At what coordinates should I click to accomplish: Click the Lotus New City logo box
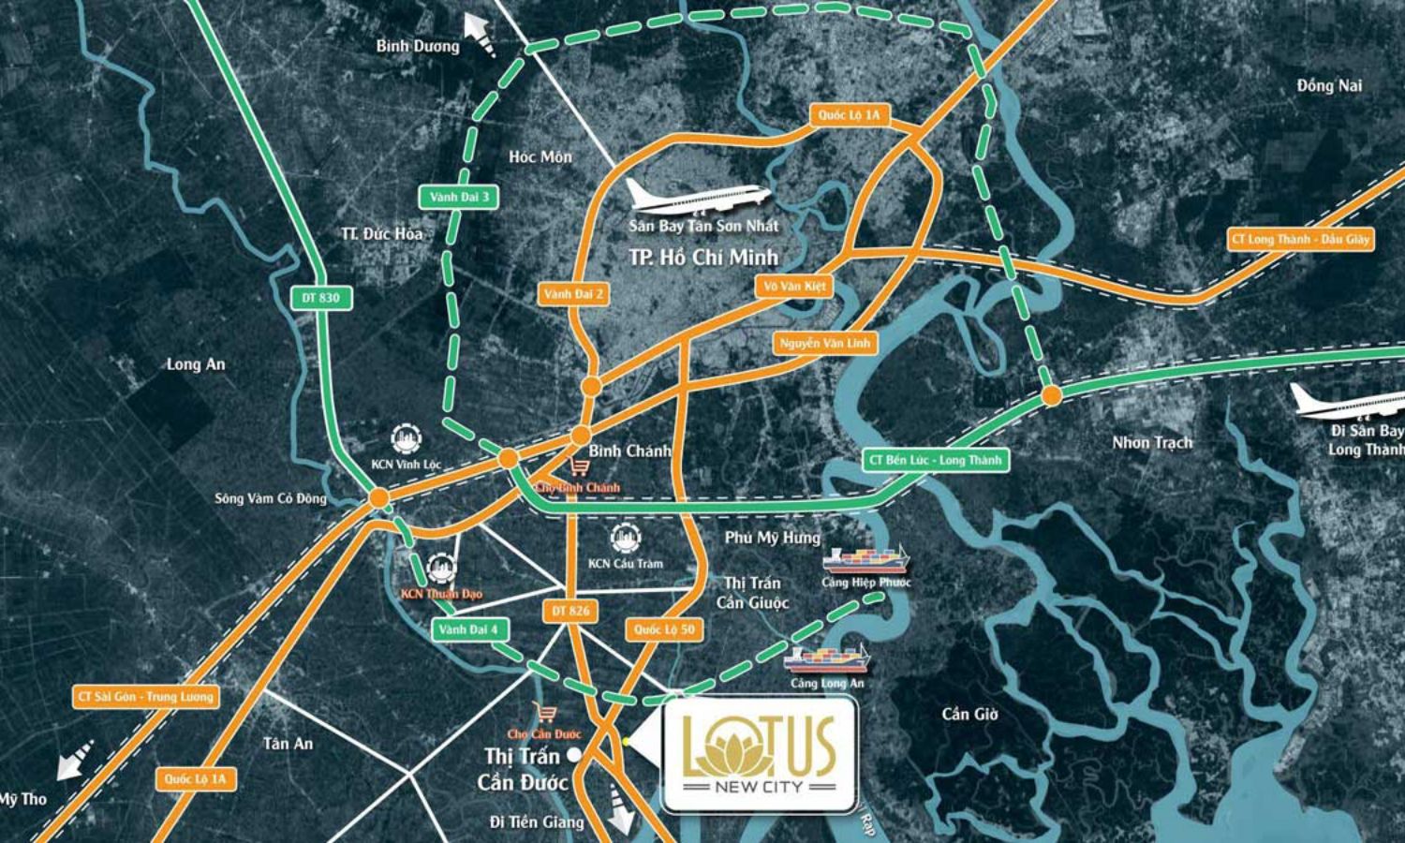[x=759, y=754]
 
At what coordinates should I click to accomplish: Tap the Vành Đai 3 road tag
[x=459, y=197]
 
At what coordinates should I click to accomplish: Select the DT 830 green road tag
[x=322, y=298]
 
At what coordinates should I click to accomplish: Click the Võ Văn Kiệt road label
[x=794, y=286]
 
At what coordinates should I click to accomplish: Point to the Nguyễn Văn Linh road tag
[x=825, y=343]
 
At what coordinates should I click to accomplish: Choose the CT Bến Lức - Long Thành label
[x=935, y=460]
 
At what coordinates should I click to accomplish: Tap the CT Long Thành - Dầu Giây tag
[x=1300, y=239]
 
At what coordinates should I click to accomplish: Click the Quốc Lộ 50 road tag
[x=664, y=629]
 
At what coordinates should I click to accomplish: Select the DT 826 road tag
[x=570, y=611]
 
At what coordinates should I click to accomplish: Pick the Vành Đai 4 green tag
[x=469, y=629]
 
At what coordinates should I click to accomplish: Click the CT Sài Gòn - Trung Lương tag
[x=145, y=696]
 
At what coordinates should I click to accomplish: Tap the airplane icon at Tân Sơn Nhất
[x=698, y=197]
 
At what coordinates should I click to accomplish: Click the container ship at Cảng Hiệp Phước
[x=865, y=559]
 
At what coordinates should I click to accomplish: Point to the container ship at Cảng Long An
[x=826, y=659]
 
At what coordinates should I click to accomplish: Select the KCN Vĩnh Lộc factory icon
[x=406, y=439]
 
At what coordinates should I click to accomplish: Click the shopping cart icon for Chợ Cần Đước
[x=543, y=713]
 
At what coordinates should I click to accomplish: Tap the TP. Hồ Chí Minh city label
[x=703, y=257]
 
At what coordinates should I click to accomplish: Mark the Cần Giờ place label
[x=969, y=714]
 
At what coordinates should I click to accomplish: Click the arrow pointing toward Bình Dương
[x=479, y=36]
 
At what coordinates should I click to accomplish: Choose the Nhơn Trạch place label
[x=1152, y=442]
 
